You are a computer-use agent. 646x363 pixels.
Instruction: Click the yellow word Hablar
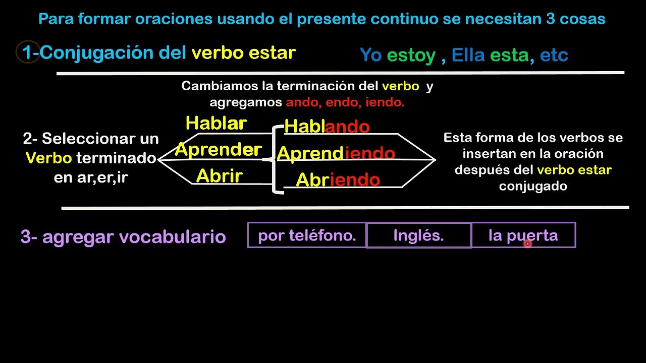click(x=217, y=123)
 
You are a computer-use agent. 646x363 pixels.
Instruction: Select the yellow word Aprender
click(x=219, y=150)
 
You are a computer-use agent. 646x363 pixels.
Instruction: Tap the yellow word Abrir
click(x=220, y=175)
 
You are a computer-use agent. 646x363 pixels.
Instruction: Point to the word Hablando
click(x=327, y=126)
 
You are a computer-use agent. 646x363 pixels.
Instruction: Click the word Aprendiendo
click(x=336, y=153)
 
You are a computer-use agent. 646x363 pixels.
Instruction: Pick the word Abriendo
click(x=338, y=179)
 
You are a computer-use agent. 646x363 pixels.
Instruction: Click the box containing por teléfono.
click(x=307, y=235)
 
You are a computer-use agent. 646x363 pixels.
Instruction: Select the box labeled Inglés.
click(x=419, y=235)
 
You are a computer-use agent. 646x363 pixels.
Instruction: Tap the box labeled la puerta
click(x=523, y=235)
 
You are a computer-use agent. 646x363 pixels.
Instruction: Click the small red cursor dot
click(x=527, y=244)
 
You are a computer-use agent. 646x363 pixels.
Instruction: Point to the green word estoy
click(x=411, y=55)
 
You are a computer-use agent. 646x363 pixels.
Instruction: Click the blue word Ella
click(x=468, y=55)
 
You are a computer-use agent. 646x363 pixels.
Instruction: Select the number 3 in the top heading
click(x=551, y=19)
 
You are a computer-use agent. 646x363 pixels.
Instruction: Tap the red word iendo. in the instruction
click(x=385, y=102)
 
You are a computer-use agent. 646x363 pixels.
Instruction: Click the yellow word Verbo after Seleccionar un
click(x=49, y=158)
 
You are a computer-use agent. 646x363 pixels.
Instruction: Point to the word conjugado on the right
click(x=533, y=187)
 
